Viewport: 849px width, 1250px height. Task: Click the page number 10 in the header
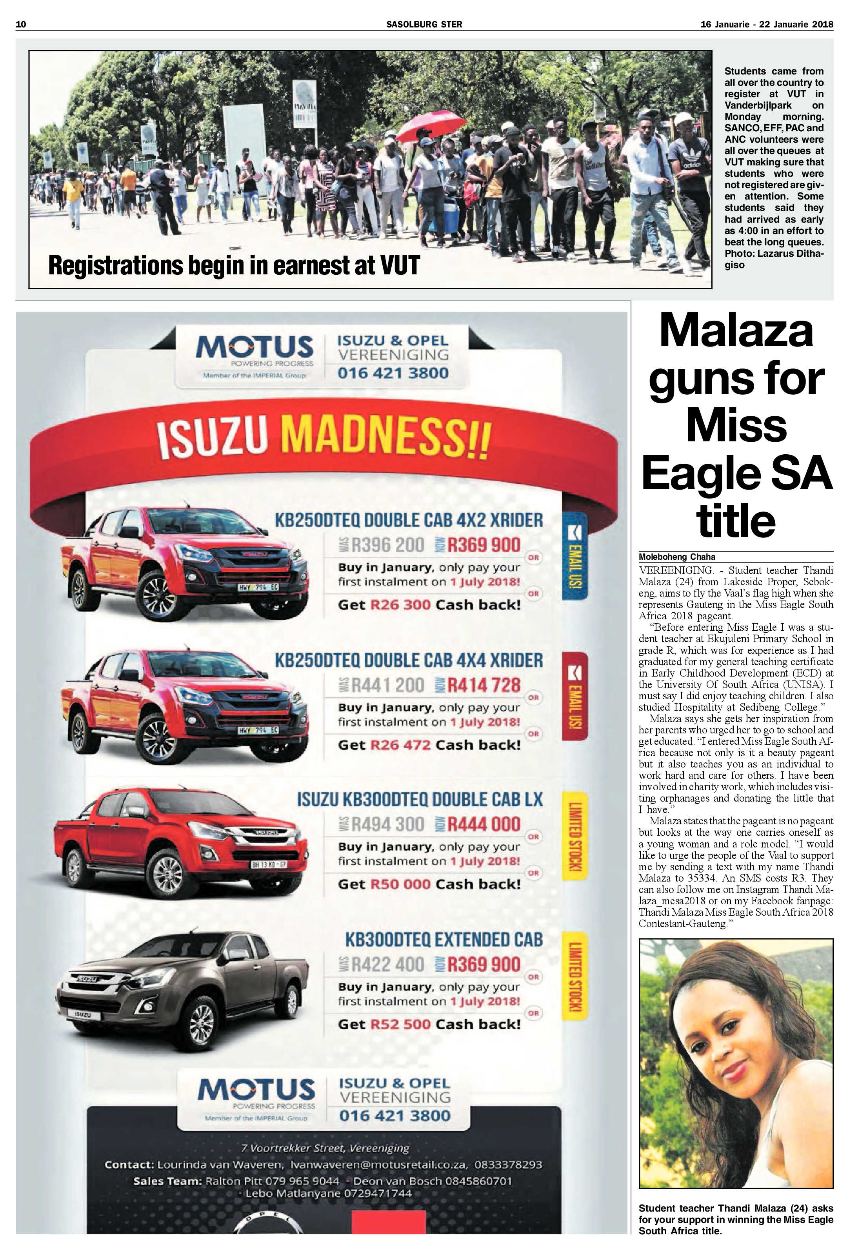pyautogui.click(x=21, y=24)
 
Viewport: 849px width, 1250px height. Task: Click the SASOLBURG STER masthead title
pyautogui.click(x=424, y=24)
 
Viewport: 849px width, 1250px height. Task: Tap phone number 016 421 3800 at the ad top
pyautogui.click(x=393, y=373)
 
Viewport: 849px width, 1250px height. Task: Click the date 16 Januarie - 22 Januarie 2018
pyautogui.click(x=767, y=24)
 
